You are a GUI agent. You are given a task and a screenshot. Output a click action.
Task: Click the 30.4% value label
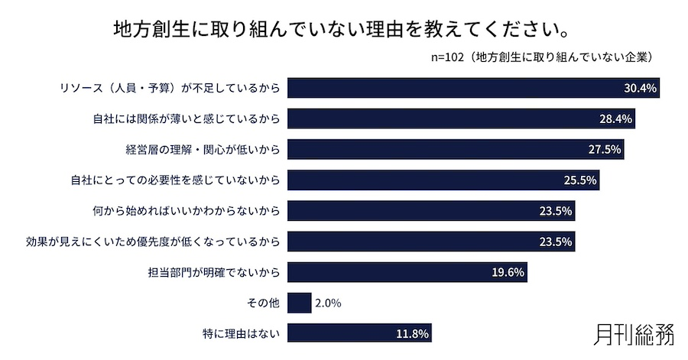pos(641,88)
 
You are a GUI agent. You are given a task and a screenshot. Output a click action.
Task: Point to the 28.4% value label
pos(616,118)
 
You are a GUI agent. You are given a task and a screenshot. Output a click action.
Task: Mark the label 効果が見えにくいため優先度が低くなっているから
pos(152,242)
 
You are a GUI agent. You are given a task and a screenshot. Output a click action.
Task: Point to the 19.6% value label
pos(508,272)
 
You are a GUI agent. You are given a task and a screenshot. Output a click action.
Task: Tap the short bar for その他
pos(300,303)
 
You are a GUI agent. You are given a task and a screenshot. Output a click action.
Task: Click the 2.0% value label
pos(327,303)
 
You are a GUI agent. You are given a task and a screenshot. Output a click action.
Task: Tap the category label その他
pos(264,303)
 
